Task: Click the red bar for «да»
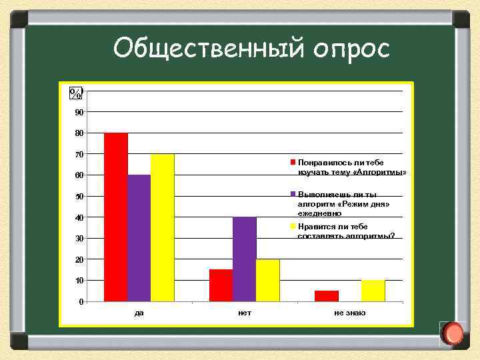pyautogui.click(x=116, y=217)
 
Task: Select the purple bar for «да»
pyautogui.click(x=139, y=238)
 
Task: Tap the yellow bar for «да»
pyautogui.click(x=162, y=227)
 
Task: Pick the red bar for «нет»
pyautogui.click(x=221, y=285)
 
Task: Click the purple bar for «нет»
pyautogui.click(x=244, y=259)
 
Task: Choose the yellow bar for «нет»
pyautogui.click(x=267, y=280)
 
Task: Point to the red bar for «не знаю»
pyautogui.click(x=326, y=296)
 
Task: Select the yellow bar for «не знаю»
pyautogui.click(x=373, y=291)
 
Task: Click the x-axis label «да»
pyautogui.click(x=139, y=313)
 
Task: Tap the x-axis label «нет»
pyautogui.click(x=244, y=313)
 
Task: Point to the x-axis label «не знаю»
pyautogui.click(x=350, y=313)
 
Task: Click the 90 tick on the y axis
pyautogui.click(x=79, y=112)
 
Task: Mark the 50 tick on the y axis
pyautogui.click(x=79, y=197)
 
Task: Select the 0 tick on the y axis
pyautogui.click(x=81, y=302)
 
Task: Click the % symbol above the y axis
pyautogui.click(x=77, y=93)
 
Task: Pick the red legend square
pyautogui.click(x=292, y=162)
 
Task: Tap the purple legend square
pyautogui.click(x=292, y=194)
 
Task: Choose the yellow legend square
pyautogui.click(x=292, y=227)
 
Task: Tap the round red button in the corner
pyautogui.click(x=453, y=333)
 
